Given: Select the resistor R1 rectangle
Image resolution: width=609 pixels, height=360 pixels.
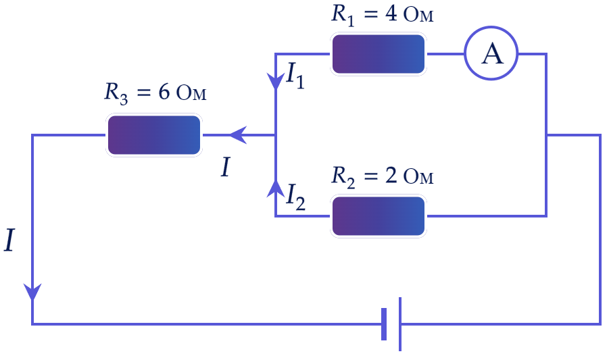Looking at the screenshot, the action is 379,54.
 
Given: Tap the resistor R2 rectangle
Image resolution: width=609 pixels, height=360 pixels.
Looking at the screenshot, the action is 379,216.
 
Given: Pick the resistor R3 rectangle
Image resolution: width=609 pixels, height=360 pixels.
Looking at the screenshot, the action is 154,135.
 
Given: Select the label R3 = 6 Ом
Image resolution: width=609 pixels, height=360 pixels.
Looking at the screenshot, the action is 155,94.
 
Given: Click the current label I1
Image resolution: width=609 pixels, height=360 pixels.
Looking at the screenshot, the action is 295,75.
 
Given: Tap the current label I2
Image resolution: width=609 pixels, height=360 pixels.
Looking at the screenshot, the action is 295,197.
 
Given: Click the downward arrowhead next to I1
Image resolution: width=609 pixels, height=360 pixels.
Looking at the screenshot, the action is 275,82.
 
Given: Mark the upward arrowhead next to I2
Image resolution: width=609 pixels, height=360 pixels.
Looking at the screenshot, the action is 275,188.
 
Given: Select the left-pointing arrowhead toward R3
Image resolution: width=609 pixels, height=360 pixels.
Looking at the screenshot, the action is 238,135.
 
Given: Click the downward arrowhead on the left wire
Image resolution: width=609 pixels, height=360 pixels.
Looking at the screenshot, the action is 32,292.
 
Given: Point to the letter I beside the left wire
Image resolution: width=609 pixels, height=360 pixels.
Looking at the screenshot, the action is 9,240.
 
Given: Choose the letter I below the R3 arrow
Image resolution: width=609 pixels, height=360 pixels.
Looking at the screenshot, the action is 226,168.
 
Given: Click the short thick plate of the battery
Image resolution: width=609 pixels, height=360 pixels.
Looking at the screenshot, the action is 384,324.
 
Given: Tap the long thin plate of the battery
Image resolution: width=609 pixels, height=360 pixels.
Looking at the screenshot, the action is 400,324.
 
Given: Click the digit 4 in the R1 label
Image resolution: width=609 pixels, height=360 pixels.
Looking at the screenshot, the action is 391,14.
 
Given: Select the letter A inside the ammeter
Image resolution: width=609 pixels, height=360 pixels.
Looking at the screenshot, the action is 492,53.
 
